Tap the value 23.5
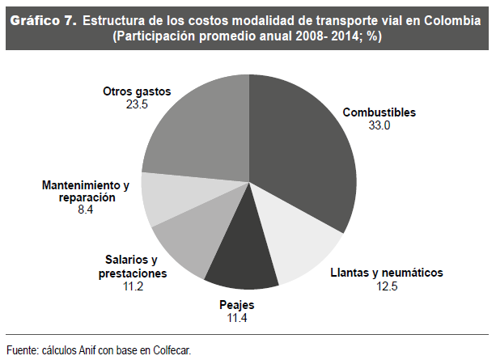[137, 104]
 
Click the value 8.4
[85, 209]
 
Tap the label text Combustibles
[379, 113]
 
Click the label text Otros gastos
[137, 92]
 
